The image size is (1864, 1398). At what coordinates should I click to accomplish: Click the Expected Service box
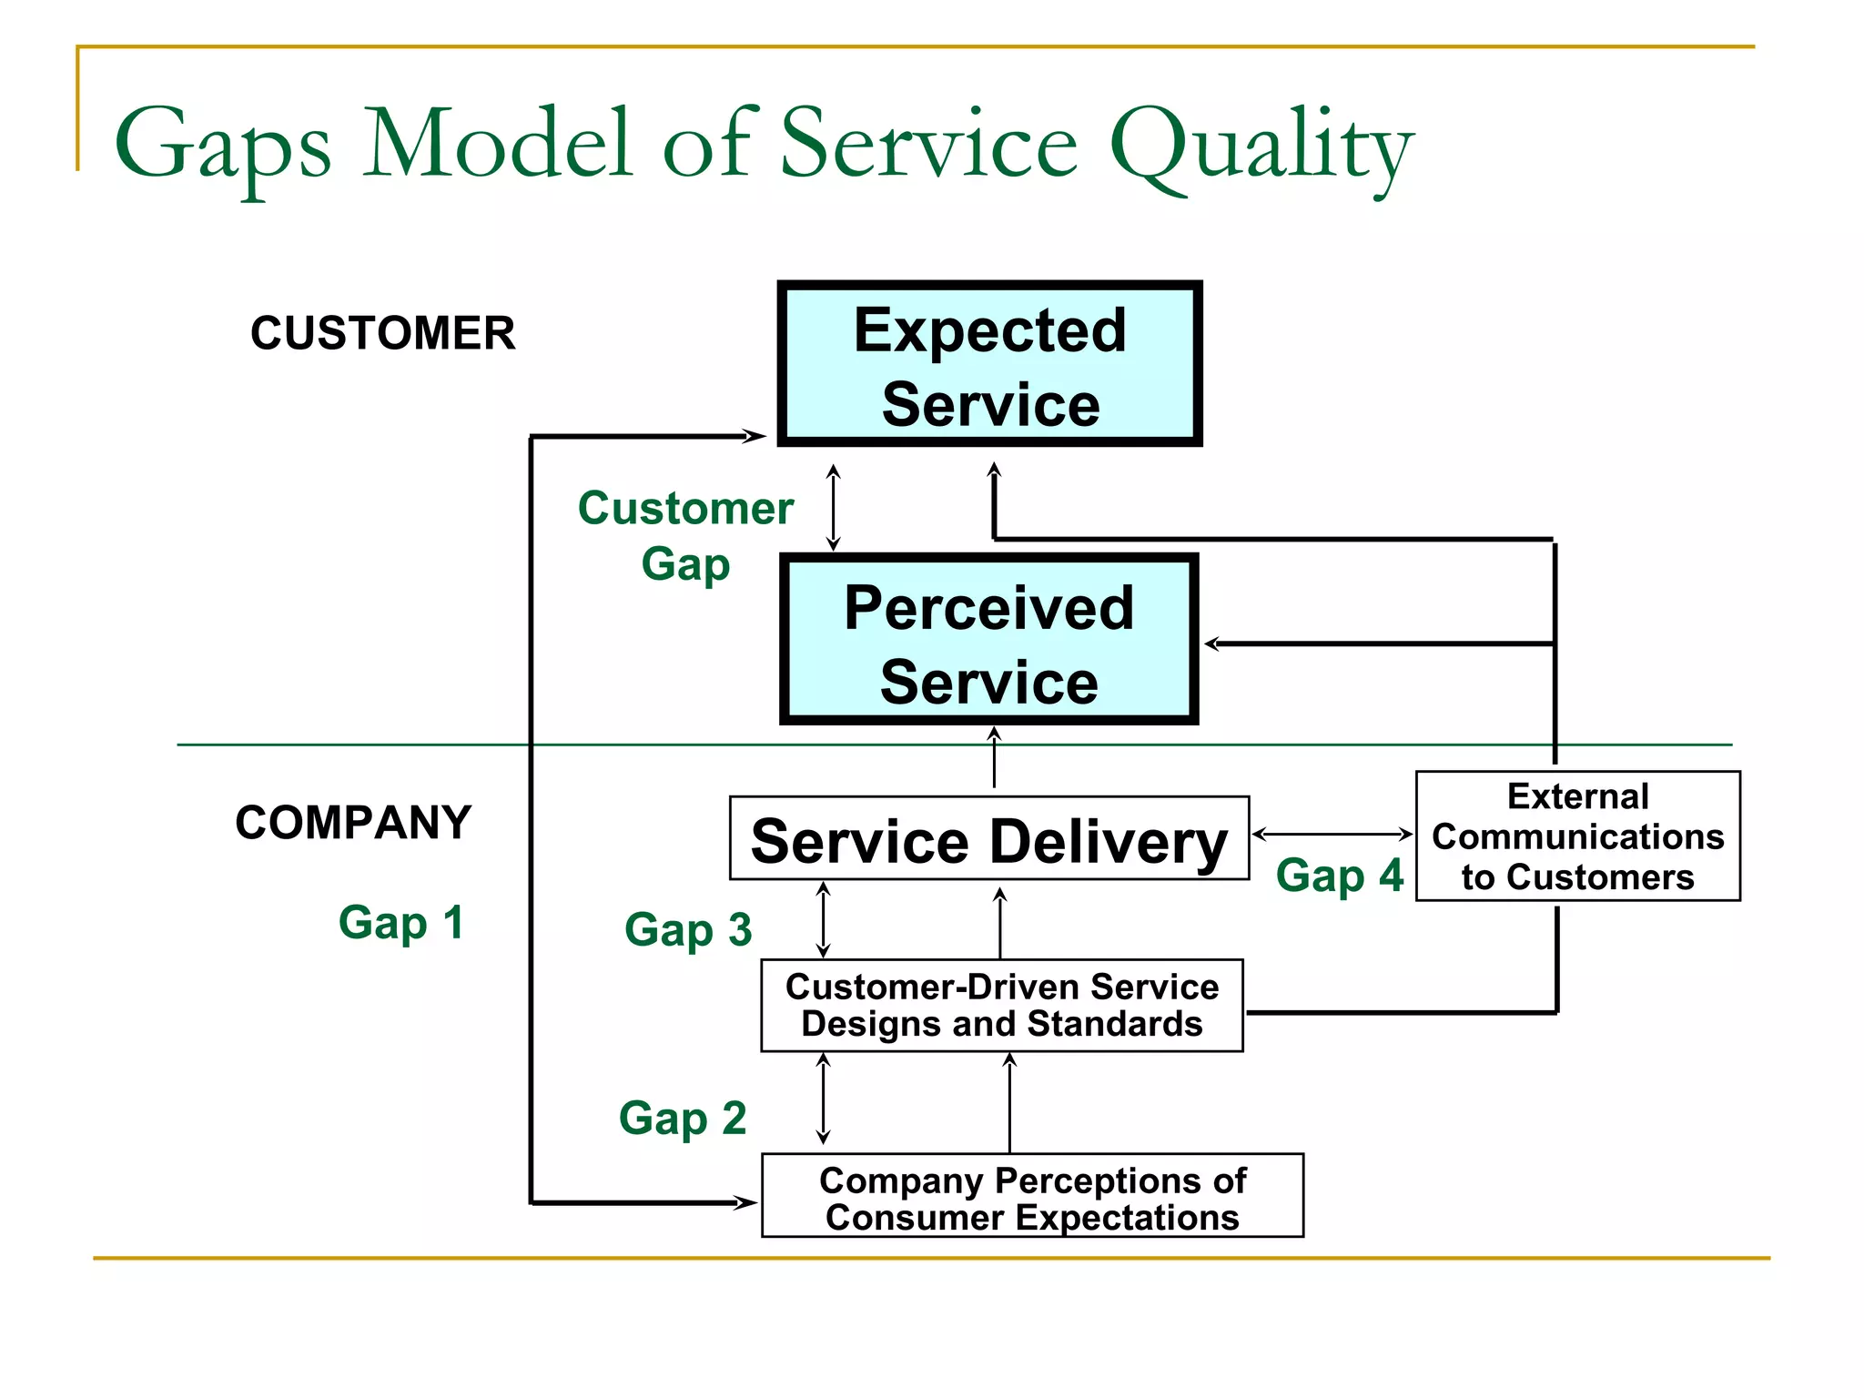point(989,364)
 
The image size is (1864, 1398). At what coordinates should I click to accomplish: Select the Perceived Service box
point(988,640)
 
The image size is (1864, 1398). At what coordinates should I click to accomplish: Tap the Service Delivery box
point(988,839)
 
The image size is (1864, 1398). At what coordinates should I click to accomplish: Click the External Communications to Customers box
point(1577,836)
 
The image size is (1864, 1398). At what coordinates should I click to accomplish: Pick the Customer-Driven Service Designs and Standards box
point(1001,1006)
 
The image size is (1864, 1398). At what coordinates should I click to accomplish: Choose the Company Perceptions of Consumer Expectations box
point(1031,1196)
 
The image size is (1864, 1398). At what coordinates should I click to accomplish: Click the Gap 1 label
point(401,922)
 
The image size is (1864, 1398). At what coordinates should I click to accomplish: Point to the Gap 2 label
point(683,1118)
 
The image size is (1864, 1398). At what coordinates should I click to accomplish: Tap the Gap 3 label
point(688,929)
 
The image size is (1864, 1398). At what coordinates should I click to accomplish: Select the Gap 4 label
point(1339,876)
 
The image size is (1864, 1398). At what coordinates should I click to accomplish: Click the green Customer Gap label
point(685,535)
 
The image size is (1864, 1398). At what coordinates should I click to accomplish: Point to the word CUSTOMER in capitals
point(382,333)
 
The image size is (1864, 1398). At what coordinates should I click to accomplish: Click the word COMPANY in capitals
point(353,822)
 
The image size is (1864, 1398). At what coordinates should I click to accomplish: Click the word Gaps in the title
point(223,146)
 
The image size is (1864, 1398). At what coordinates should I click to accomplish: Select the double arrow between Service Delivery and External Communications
point(1332,834)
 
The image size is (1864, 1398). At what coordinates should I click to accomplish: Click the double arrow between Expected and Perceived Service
point(833,507)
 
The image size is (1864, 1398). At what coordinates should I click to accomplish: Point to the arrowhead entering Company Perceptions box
point(747,1202)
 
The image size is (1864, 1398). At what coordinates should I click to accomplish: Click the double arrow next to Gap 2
point(823,1099)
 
